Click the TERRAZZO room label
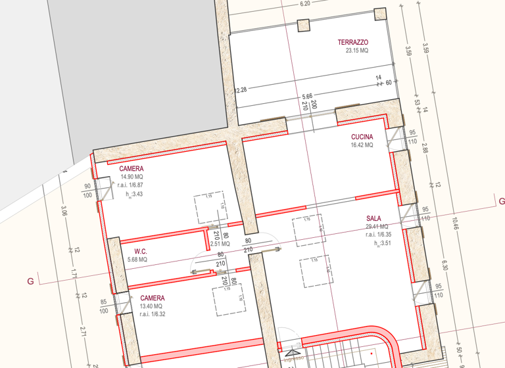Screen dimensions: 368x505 point(353,42)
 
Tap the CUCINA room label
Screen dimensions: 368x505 point(362,137)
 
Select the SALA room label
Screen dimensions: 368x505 point(374,218)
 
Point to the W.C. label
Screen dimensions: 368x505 point(140,251)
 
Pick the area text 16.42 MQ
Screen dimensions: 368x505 point(362,145)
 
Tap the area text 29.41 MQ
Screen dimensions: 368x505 point(377,226)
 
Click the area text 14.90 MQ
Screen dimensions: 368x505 point(132,177)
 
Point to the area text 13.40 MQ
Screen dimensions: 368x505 point(152,306)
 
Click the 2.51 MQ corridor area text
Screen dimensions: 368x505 point(220,244)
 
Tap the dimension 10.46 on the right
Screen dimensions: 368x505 point(456,224)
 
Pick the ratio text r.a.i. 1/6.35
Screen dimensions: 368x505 point(378,234)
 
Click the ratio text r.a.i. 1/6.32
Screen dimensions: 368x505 point(152,314)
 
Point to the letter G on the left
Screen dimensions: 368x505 point(30,281)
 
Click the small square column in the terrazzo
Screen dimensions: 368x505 point(303,25)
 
